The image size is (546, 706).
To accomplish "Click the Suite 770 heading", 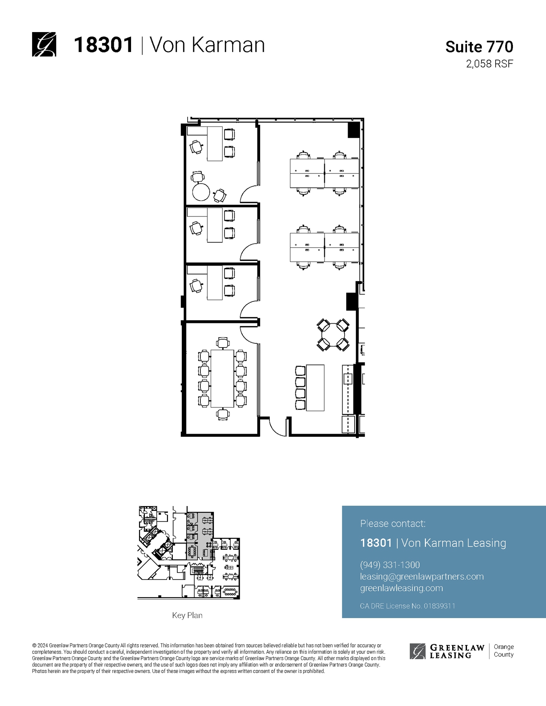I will (479, 47).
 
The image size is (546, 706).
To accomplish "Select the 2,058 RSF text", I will (489, 64).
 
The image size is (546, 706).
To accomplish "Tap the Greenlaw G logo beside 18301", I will (44, 44).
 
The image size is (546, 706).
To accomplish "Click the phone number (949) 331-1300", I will (390, 565).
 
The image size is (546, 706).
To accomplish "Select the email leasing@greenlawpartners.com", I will (421, 576).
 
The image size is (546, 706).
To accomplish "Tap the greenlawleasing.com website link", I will (401, 588).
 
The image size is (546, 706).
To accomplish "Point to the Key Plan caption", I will (187, 615).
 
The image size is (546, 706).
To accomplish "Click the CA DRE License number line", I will (407, 606).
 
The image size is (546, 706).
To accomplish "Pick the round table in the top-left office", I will (201, 192).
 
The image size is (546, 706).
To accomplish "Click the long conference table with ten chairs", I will (222, 378).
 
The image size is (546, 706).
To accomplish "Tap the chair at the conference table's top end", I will (222, 343).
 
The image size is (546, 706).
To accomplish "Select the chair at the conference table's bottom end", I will (222, 414).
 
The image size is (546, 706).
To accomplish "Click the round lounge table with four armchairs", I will (333, 335).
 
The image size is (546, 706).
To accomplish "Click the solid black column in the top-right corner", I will (354, 130).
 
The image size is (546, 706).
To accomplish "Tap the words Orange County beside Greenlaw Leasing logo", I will (503, 650).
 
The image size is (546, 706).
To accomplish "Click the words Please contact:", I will (393, 523).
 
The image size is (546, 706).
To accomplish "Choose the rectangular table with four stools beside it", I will (315, 387).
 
